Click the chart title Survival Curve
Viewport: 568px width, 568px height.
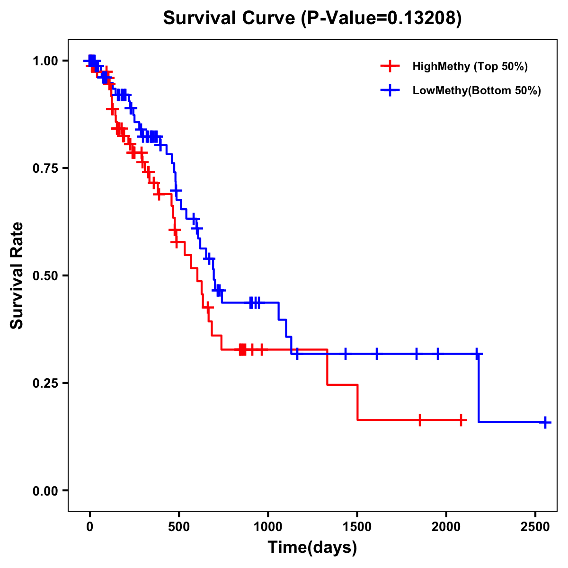(312, 18)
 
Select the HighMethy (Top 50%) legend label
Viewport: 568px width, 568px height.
(470, 66)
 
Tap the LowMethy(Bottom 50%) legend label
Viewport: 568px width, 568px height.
(477, 91)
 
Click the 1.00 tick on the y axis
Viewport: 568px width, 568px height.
(46, 61)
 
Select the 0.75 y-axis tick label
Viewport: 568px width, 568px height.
(46, 169)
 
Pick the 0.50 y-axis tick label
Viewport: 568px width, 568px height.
(46, 275)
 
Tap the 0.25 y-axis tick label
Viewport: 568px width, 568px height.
(46, 383)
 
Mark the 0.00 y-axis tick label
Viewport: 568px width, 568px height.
(46, 490)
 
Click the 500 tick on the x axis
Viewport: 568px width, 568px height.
(179, 528)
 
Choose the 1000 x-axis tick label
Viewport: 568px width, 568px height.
(268, 528)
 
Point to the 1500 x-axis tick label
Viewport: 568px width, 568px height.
(357, 528)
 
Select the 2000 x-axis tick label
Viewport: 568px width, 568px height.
(446, 528)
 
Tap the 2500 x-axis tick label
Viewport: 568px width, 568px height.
(535, 528)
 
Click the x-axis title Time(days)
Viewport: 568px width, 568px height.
(312, 548)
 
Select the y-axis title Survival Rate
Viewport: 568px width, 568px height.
(18, 275)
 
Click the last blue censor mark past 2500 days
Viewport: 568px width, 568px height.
(545, 422)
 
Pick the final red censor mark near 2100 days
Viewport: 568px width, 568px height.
(461, 420)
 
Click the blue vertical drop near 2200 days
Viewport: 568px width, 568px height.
(479, 388)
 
